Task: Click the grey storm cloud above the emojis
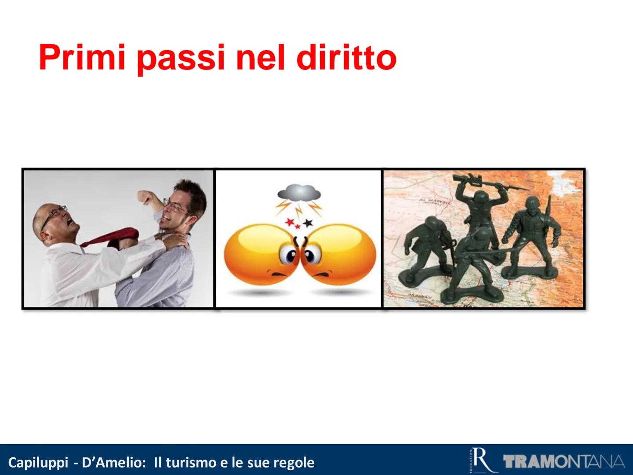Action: tap(298, 192)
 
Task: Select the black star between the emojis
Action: tap(307, 222)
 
